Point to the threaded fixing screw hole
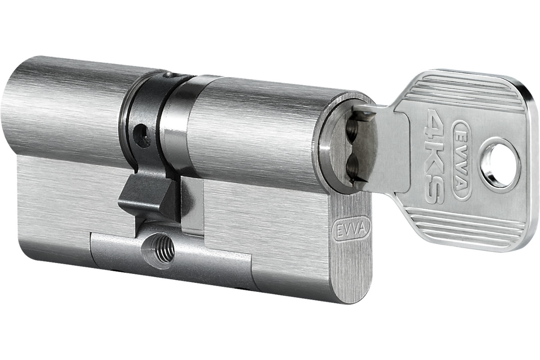click(158, 250)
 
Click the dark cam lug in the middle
click(151, 197)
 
